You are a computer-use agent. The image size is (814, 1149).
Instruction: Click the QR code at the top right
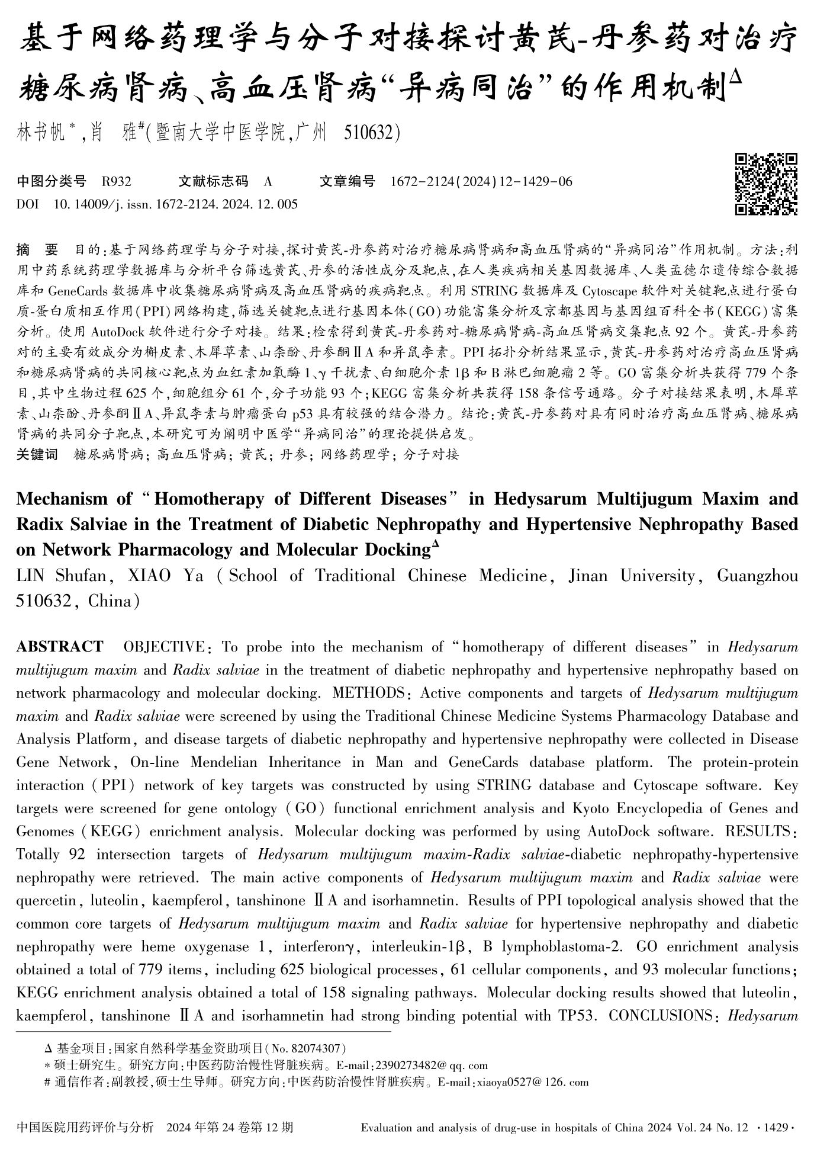[x=766, y=184]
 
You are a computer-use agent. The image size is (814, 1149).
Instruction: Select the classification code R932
[x=117, y=182]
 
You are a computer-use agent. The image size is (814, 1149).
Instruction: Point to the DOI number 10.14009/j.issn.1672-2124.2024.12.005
[x=176, y=205]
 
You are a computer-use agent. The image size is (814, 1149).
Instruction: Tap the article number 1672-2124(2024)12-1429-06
[x=481, y=182]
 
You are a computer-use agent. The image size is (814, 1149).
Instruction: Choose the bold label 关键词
[x=37, y=455]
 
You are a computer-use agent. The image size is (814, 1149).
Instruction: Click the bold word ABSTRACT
[x=60, y=646]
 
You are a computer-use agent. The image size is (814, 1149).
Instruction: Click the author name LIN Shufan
[x=57, y=576]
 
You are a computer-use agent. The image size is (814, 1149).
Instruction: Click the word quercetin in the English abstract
[x=46, y=901]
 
